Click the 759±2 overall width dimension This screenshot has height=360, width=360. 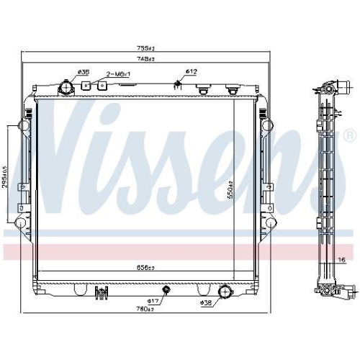click(x=147, y=49)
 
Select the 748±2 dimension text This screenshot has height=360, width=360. click(x=147, y=58)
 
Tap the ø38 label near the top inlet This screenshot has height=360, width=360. click(x=84, y=72)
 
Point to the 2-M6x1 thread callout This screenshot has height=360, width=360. click(x=118, y=73)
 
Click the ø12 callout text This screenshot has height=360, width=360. click(x=192, y=71)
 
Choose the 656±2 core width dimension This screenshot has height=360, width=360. click(x=146, y=267)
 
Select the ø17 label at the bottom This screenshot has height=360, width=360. click(x=153, y=301)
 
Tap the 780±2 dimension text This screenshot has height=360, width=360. click(x=146, y=309)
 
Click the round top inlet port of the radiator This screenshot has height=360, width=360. click(x=68, y=89)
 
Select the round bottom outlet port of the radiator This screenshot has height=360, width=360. click(x=226, y=292)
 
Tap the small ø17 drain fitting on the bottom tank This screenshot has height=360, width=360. click(x=167, y=290)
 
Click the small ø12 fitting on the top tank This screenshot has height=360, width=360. click(x=178, y=85)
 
